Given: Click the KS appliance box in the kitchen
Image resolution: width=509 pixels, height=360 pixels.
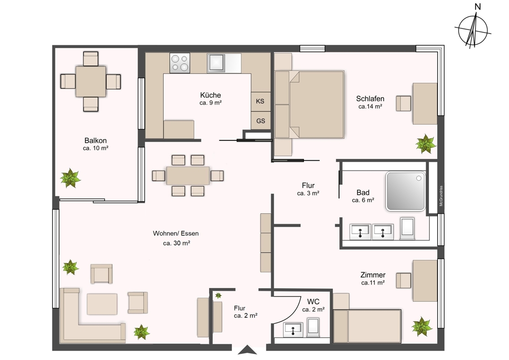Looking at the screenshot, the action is point(261,101).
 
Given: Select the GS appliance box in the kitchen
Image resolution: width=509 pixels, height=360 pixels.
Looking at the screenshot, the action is point(261,121).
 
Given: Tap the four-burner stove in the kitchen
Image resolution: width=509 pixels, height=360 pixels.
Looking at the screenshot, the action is point(180,63).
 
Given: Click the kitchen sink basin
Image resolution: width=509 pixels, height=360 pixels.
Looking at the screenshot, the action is point(216,63).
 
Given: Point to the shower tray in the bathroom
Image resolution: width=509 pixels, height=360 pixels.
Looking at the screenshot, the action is point(406,191).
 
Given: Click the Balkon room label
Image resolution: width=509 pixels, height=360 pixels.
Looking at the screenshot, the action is point(95,140).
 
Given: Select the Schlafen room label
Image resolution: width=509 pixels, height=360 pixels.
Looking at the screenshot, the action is point(370,99).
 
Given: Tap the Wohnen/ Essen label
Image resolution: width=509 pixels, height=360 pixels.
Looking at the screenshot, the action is point(176,233).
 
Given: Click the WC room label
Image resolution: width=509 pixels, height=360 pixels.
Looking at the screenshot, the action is point(313,301).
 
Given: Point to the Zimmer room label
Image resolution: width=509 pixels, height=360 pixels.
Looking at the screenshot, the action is point(373,275).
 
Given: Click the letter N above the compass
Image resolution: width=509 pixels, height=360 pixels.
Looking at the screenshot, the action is point(478,7).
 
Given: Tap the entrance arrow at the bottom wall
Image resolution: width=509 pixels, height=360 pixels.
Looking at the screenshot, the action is point(247,350).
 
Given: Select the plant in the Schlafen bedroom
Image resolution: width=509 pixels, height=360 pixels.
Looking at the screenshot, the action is point(425,144).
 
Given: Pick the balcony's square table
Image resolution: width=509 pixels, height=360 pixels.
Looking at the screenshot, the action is point(91,81).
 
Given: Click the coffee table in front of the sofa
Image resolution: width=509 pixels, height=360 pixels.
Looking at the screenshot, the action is point(102,304).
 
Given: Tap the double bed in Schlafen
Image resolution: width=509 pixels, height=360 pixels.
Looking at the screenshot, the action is point(309,104).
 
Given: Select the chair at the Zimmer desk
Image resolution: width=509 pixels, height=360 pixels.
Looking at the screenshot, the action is point(403,280).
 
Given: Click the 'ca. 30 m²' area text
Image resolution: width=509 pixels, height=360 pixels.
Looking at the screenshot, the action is point(176,243).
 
